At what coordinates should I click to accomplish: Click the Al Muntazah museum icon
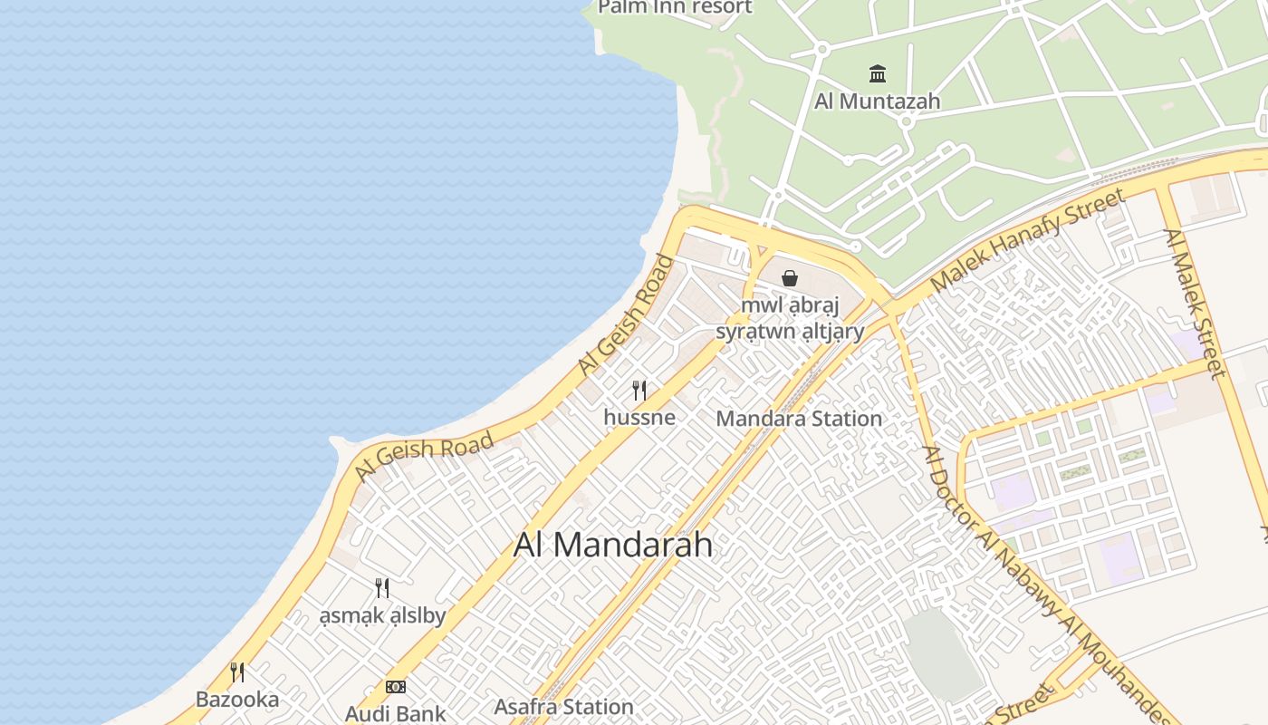(877, 73)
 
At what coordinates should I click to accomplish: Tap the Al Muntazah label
(877, 101)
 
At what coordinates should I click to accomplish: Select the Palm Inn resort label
(675, 7)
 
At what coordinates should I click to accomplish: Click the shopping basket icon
(790, 278)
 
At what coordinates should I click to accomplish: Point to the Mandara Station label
(799, 419)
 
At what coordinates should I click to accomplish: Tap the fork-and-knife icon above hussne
(639, 391)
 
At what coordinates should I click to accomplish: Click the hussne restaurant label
(639, 418)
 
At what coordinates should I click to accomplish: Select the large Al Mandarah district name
(613, 545)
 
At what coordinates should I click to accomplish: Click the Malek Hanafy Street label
(1027, 239)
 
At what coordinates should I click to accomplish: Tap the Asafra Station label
(563, 707)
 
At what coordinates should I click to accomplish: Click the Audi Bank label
(395, 713)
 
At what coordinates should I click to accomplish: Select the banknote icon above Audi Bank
(396, 687)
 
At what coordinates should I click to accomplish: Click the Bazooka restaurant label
(237, 700)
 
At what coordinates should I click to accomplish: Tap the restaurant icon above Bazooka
(237, 672)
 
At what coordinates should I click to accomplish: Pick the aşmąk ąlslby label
(382, 616)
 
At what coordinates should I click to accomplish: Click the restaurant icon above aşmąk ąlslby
(382, 588)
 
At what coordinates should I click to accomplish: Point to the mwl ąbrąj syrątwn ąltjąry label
(790, 318)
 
